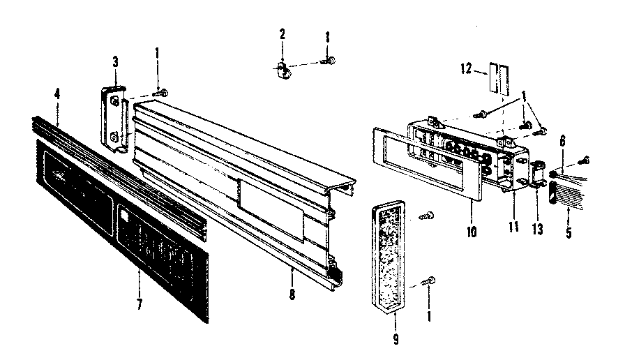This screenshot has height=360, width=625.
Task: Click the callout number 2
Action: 283,34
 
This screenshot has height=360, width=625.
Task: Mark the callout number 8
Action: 292,294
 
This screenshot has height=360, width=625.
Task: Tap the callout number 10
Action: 472,230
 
